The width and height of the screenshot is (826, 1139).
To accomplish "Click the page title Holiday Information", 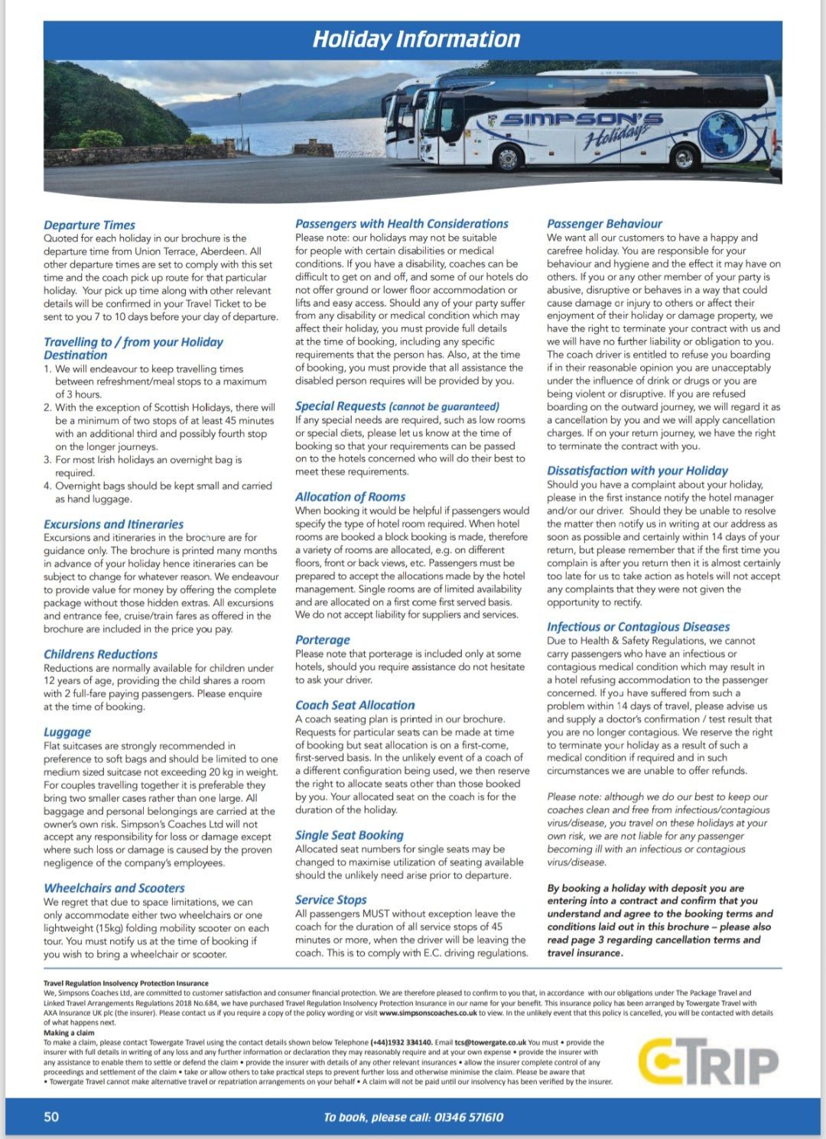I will click(416, 39).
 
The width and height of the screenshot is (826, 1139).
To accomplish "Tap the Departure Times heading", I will click(89, 225).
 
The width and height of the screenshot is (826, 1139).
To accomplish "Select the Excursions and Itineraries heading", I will click(113, 524).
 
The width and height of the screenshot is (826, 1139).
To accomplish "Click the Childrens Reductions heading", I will click(100, 654).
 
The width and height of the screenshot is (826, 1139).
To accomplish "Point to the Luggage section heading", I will click(67, 732).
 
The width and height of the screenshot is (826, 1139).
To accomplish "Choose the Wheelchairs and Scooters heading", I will click(114, 888).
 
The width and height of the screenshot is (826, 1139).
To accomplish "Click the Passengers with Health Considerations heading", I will click(402, 224).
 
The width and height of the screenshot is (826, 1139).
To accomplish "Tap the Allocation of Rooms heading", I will click(350, 497).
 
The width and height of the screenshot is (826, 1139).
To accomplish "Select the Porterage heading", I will click(323, 640).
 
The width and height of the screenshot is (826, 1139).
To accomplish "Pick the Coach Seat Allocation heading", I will click(355, 706).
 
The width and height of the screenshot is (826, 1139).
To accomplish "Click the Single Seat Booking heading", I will click(350, 836).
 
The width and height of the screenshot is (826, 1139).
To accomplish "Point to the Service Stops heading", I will click(331, 900).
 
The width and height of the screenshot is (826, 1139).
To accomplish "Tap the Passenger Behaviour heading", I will click(604, 224).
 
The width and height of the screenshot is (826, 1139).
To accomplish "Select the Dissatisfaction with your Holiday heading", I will click(637, 471).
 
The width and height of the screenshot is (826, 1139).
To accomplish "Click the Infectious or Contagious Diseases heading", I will click(638, 627).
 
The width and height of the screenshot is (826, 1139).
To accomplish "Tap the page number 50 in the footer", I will click(51, 1117).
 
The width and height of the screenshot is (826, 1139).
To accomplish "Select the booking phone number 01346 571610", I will click(469, 1118).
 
